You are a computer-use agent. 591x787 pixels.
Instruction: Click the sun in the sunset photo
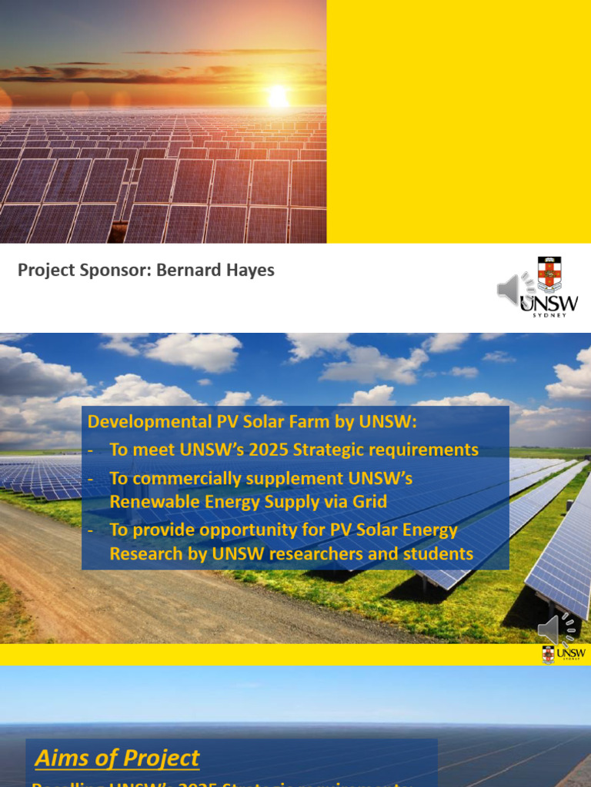pyautogui.click(x=277, y=97)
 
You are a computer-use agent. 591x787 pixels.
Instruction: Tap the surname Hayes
pyautogui.click(x=252, y=271)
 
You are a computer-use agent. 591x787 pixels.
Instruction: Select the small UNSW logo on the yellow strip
pyautogui.click(x=564, y=654)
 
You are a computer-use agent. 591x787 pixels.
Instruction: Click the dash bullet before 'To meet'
pyautogui.click(x=92, y=450)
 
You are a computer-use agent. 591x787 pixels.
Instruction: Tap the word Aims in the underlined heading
pyautogui.click(x=62, y=758)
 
